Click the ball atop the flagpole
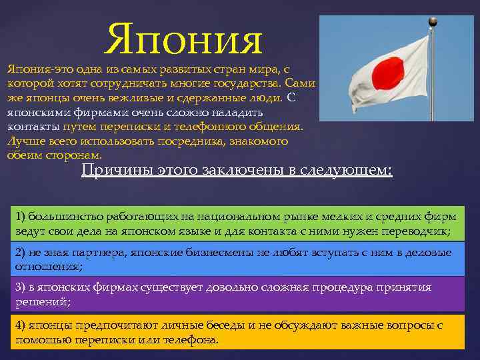(433, 21)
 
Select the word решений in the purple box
(41, 301)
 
